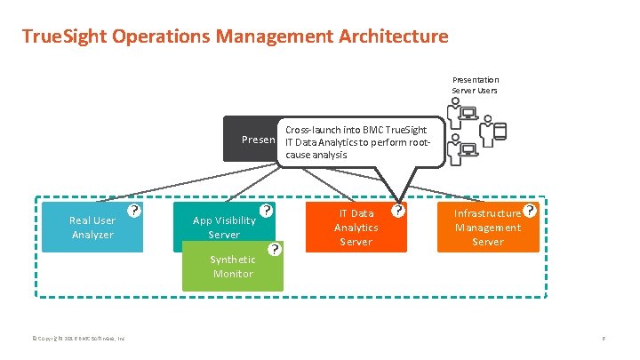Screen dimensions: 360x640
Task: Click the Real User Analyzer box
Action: click(92, 228)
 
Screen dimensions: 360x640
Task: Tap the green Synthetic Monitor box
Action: click(232, 267)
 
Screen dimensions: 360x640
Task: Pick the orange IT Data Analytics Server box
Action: click(356, 228)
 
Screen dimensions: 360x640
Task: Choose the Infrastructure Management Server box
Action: click(487, 228)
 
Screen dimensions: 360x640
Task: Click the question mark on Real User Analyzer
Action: click(133, 211)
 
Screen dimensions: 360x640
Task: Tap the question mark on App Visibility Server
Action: click(265, 212)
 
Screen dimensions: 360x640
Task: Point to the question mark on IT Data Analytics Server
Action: click(398, 211)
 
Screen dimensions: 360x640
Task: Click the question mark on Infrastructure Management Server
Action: click(530, 211)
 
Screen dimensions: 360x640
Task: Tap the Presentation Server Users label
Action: click(476, 84)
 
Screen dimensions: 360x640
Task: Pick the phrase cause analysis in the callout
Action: click(316, 155)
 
